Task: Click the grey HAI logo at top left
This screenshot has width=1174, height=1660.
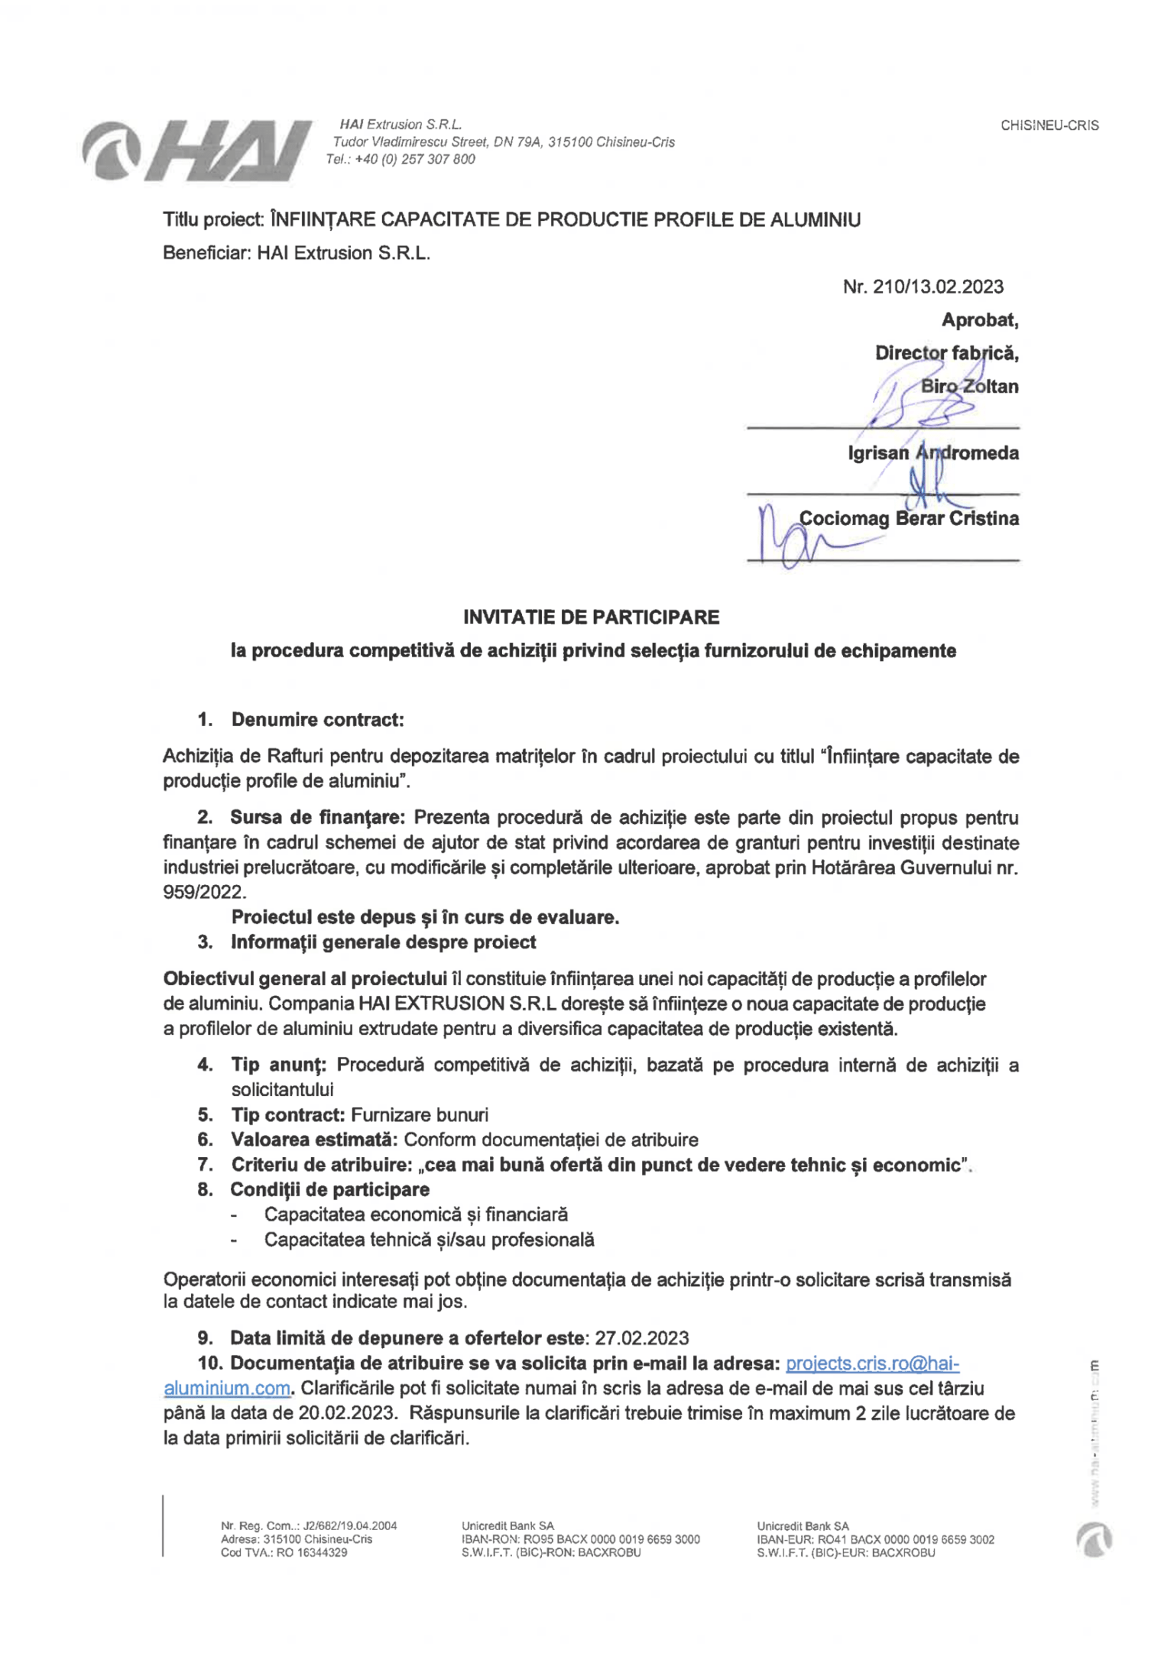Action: click(197, 151)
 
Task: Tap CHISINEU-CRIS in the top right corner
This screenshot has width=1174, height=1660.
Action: click(1049, 125)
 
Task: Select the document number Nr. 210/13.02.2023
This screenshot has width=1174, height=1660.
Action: click(923, 287)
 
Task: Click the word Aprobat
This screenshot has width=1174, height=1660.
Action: click(979, 320)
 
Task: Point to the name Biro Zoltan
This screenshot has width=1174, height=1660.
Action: click(968, 386)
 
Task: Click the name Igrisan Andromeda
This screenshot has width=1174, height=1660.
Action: click(932, 453)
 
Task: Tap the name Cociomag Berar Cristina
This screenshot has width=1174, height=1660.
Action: click(908, 519)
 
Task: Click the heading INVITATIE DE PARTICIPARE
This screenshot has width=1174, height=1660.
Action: click(591, 617)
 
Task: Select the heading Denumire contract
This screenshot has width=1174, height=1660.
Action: click(317, 719)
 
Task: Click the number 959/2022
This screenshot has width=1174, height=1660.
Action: click(204, 892)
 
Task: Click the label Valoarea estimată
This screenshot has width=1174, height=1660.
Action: click(313, 1140)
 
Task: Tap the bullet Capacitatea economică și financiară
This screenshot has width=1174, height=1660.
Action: click(416, 1214)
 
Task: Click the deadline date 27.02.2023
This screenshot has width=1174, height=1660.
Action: click(641, 1338)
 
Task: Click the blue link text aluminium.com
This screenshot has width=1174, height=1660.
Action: click(227, 1388)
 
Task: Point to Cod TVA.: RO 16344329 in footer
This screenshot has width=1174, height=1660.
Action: click(284, 1552)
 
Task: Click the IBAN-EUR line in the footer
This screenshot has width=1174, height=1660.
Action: click(875, 1539)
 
